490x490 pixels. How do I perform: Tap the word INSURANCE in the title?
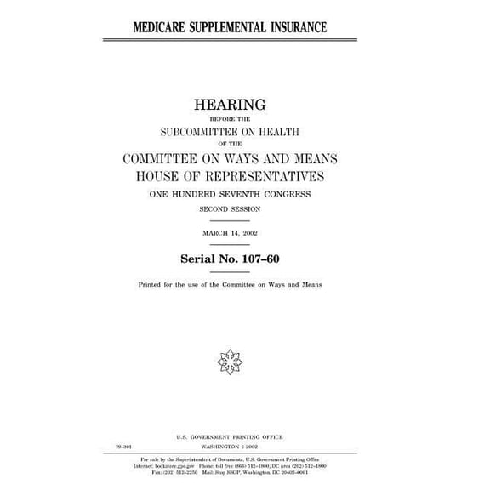point(299,27)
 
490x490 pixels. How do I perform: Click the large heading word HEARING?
point(231,105)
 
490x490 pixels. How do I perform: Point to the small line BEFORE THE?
point(231,119)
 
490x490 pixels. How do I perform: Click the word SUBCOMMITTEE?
point(203,131)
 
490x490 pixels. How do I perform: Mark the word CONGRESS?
point(288,194)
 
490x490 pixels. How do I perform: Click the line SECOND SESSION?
point(231,208)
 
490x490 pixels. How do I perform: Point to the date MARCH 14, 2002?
point(231,232)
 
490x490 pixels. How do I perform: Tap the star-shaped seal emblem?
point(230,361)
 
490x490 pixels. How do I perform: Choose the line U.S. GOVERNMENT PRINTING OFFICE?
point(231,437)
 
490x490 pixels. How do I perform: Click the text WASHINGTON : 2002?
point(231,445)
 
